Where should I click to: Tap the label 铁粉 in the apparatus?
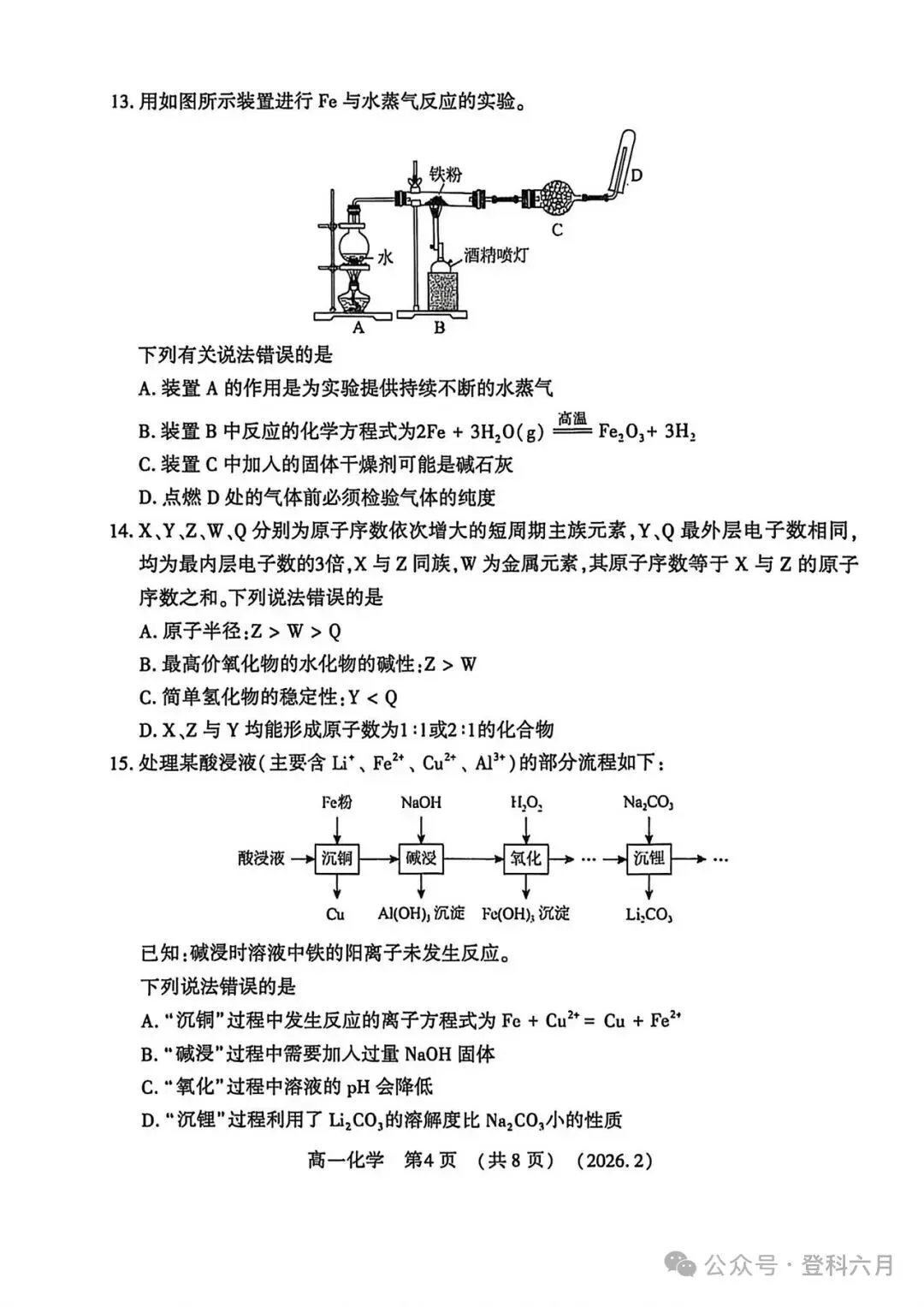[445, 175]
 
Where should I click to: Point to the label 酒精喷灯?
[496, 255]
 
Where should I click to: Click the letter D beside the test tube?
[636, 176]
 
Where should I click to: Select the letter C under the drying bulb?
[557, 229]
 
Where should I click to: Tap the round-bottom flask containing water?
[353, 244]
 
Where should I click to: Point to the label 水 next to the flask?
[385, 256]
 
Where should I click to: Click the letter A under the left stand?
[358, 327]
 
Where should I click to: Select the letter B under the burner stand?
[439, 327]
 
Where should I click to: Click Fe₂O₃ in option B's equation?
[621, 432]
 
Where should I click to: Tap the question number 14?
[121, 532]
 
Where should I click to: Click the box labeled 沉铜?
[337, 858]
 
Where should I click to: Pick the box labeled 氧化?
[526, 858]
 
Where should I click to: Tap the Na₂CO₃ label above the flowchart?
[649, 803]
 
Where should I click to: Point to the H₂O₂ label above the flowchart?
[526, 803]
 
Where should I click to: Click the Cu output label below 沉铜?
[335, 914]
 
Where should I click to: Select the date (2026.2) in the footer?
[614, 1161]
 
